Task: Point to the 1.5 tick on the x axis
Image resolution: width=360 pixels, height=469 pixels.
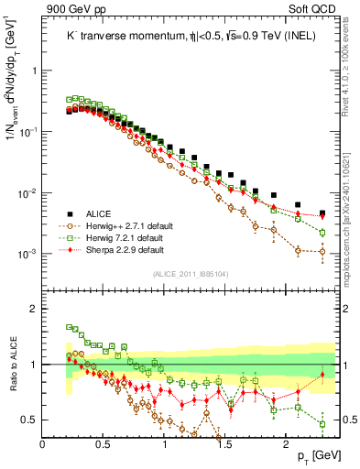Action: coord(225,443)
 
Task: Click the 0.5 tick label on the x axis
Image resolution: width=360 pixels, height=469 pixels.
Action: coord(104,443)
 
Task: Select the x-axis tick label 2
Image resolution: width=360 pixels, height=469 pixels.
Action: coord(287,443)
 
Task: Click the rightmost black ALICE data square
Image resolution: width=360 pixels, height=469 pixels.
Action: coord(322,213)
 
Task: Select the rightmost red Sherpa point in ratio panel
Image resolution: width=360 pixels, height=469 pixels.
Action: coord(322,375)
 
